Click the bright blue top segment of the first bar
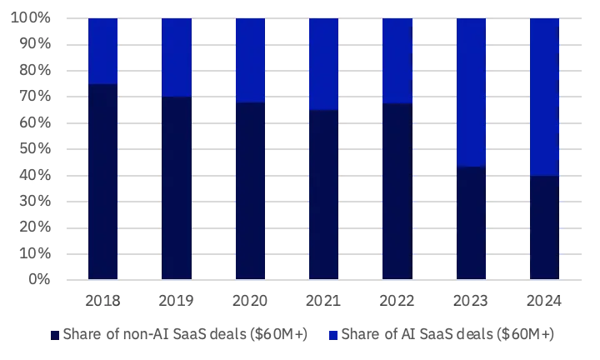click(103, 51)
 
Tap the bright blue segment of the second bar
click(177, 57)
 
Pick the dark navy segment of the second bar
click(177, 187)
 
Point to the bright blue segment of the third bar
click(250, 60)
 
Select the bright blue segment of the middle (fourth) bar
click(323, 64)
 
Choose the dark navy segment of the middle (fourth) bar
click(323, 194)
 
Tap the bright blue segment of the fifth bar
click(397, 61)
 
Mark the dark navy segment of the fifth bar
click(397, 191)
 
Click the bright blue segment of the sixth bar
click(471, 92)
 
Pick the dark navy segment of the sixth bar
click(471, 222)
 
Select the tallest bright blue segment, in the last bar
click(544, 97)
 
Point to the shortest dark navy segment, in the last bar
click(544, 227)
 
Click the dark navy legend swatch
click(55, 334)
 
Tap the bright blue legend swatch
click(333, 334)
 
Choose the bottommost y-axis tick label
click(37, 278)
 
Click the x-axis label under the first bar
click(103, 298)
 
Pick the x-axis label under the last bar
click(544, 298)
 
